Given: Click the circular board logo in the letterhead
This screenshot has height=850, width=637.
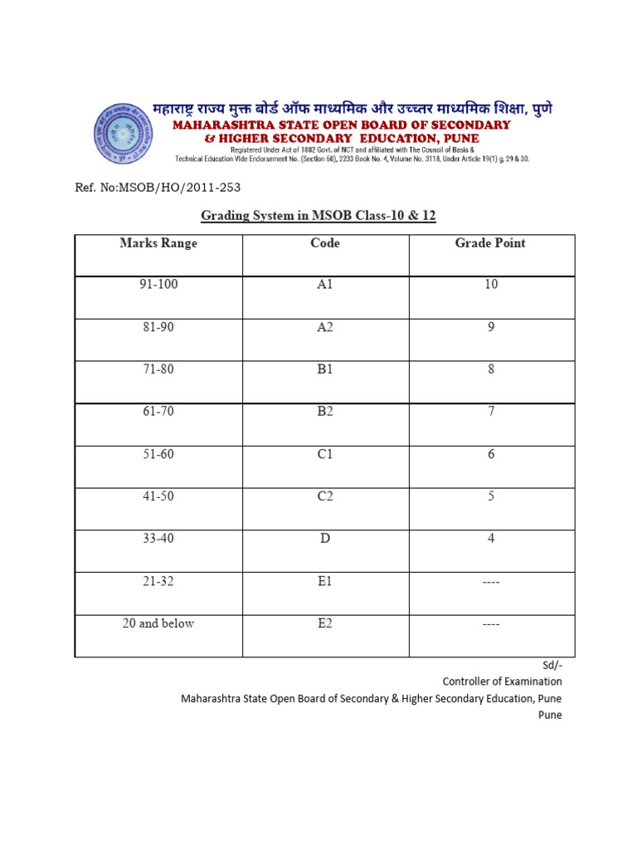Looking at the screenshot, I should coord(124,134).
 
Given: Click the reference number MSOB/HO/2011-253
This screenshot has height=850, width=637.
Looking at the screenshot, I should coord(158,188).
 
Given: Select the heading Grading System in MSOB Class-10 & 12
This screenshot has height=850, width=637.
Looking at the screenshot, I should coord(318,216).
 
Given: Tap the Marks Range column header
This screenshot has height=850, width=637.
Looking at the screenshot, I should coord(158,243).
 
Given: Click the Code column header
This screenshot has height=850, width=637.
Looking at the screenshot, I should coord(325,243).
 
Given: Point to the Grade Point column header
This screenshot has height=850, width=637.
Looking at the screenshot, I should coord(490,243).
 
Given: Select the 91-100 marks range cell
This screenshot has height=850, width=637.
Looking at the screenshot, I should coord(158,284).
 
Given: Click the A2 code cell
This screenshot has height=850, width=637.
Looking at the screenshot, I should coord(325,327).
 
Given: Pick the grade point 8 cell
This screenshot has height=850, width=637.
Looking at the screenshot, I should coord(491,369).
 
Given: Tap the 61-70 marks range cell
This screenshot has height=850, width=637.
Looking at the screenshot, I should coord(158,412).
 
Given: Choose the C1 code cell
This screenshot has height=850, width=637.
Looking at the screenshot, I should coord(325,454).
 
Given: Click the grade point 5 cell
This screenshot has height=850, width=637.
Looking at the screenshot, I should coord(491,496).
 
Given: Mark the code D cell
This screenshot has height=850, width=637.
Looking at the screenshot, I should coord(325,539).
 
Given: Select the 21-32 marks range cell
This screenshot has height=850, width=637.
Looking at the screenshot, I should coord(158,581).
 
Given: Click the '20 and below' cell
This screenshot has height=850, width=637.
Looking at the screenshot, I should coord(158,623).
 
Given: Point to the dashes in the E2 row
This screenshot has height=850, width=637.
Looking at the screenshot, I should coord(491,624).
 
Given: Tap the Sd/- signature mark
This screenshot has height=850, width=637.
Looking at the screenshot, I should coord(552,665).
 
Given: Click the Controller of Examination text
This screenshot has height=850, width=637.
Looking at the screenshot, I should coord(502,681).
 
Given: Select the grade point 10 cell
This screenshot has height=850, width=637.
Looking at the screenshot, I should coord(491,284).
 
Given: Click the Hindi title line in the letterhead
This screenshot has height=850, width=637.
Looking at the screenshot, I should coord(352,109).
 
